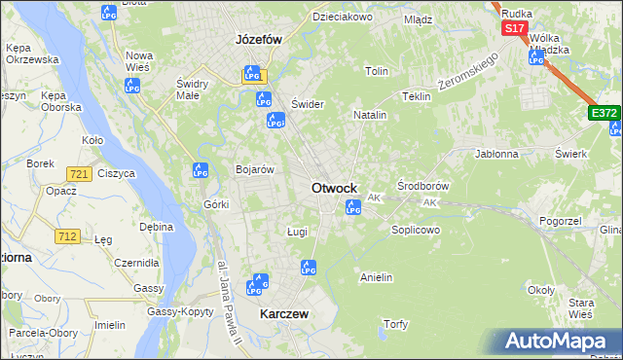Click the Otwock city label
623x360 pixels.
click(334, 188)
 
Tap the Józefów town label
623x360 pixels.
click(258, 40)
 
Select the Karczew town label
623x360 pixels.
click(284, 314)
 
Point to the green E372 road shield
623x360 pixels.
click(605, 114)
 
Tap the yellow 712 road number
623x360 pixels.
click(68, 235)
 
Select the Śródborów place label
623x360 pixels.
click(423, 185)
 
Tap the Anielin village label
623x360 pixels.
click(376, 277)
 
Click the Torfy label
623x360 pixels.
click(395, 324)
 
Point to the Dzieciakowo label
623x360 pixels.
click(343, 17)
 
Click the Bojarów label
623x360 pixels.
click(255, 169)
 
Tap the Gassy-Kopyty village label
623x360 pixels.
click(181, 311)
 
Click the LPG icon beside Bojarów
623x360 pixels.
click(201, 170)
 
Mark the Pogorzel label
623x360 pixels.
click(560, 222)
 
